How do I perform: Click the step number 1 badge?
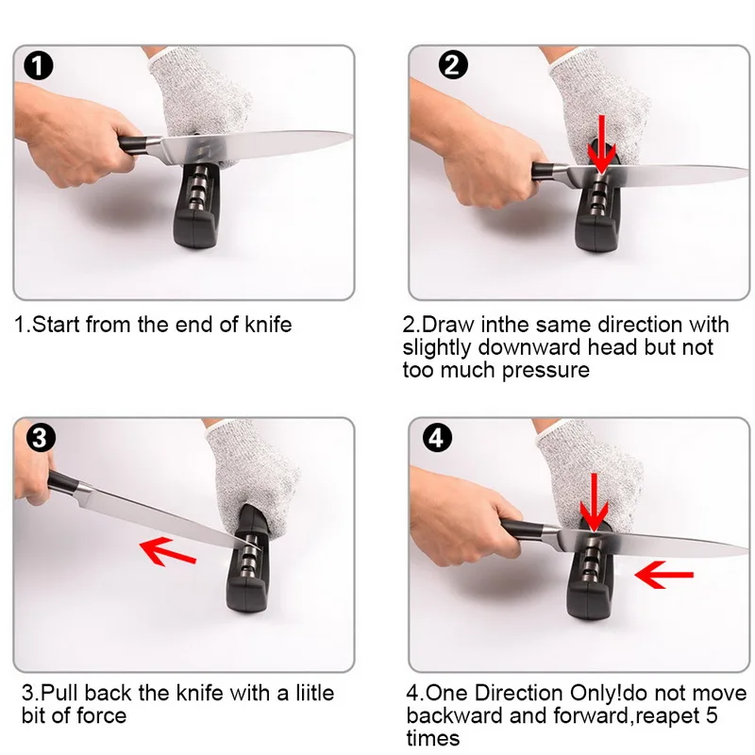pos(38,65)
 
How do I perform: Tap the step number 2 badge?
pos(453,64)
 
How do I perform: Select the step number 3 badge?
pos(41,438)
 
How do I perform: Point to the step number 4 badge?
pos(437,438)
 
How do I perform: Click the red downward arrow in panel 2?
pos(600,144)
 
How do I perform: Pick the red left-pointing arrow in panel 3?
pos(168,551)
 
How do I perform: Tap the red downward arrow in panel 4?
pos(595,503)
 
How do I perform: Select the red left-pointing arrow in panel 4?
pos(664,575)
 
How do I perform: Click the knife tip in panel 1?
pos(352,134)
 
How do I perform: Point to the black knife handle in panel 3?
pos(65,482)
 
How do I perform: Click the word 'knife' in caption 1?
pos(268,325)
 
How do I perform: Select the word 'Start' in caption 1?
pos(56,325)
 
